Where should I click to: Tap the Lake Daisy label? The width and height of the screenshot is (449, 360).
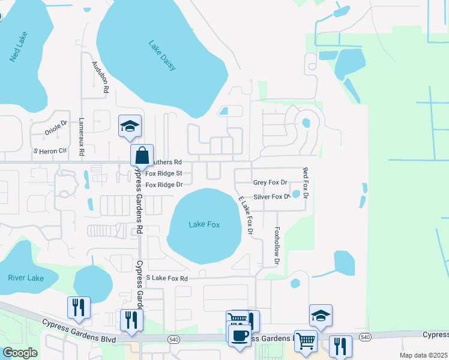click(x=163, y=55)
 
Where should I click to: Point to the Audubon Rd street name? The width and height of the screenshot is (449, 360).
click(x=100, y=76)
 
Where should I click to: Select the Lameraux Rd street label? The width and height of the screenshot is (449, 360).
click(x=81, y=133)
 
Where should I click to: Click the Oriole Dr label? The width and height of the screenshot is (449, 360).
click(x=58, y=125)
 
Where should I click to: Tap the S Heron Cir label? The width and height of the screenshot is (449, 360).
click(x=50, y=151)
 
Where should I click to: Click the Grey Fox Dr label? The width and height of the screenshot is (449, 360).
click(x=270, y=182)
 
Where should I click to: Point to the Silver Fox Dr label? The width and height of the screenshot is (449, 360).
click(x=271, y=197)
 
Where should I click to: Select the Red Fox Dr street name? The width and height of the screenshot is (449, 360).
click(x=306, y=184)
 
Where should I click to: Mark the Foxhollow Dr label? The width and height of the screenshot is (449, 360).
click(x=277, y=245)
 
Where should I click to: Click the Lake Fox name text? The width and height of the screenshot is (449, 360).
click(x=204, y=224)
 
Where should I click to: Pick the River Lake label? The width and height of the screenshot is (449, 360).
click(x=26, y=278)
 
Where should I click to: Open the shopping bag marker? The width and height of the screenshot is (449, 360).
click(x=142, y=155)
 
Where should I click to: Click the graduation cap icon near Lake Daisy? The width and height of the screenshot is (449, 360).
click(x=130, y=126)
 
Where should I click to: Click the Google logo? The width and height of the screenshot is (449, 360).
click(x=20, y=353)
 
